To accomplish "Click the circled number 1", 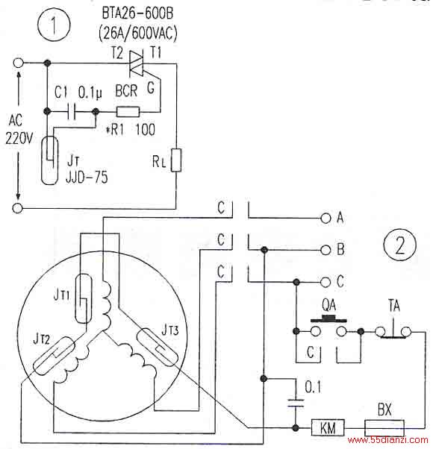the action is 54,25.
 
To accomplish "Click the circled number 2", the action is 399,245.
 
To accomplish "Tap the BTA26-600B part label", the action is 137,13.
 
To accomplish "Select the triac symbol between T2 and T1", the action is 136,63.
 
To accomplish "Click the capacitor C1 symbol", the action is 72,111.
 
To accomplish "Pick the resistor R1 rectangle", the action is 128,112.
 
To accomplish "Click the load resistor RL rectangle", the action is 176,160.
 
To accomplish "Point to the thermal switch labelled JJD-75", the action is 50,160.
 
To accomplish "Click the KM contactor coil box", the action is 328,428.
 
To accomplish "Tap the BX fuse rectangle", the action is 384,428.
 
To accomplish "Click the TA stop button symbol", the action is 393,329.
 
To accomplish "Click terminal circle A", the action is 325,219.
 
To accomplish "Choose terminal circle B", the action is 325,250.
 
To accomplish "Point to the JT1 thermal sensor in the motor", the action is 84,298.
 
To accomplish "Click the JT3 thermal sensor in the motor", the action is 157,348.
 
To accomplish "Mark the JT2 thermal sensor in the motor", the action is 54,356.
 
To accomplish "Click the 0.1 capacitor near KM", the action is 296,402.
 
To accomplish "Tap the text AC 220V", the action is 18,130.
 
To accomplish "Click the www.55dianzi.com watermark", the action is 387,440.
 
